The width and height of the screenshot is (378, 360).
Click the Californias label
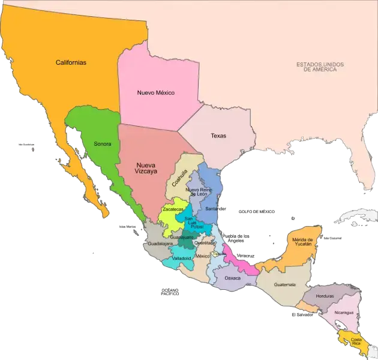pos(71,62)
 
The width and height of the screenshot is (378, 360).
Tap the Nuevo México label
pos(155,92)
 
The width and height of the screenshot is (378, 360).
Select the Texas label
pos(218,136)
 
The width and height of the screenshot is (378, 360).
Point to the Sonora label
pos(103,144)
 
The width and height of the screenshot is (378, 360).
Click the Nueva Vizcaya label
pos(146,168)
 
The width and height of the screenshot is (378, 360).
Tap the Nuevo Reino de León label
pos(199,192)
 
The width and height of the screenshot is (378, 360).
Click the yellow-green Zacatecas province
pos(169,219)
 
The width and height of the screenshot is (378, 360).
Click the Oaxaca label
pos(232,278)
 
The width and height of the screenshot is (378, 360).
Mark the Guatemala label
pos(284,284)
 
